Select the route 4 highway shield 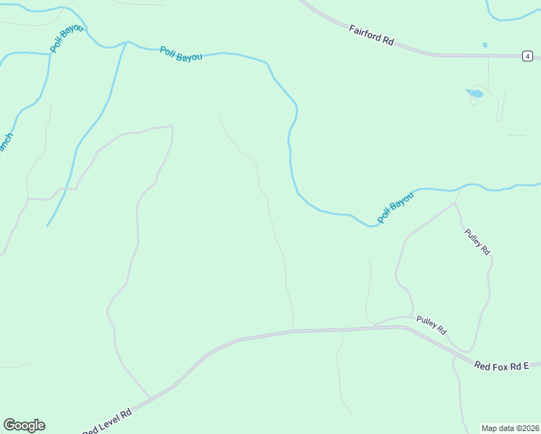(529, 56)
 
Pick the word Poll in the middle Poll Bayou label (167, 51)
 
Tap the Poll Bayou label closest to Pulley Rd (396, 207)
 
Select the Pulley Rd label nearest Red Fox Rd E (431, 325)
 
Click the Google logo (24, 425)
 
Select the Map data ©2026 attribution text (511, 427)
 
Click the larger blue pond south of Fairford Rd (475, 93)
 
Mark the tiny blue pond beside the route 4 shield (485, 46)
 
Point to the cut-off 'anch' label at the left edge (5, 142)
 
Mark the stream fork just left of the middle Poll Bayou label (127, 43)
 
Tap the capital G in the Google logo (9, 425)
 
